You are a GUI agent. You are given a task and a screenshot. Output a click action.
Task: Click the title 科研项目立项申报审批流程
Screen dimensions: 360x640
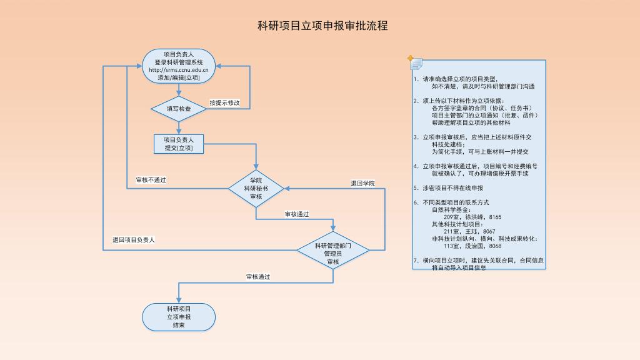pos(322,26)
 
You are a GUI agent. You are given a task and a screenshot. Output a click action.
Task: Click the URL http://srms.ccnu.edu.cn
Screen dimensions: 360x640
pos(179,70)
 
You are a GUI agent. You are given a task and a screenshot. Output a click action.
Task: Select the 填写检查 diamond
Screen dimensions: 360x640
pos(179,109)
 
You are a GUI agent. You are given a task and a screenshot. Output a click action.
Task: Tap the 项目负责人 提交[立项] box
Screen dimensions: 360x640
pos(179,144)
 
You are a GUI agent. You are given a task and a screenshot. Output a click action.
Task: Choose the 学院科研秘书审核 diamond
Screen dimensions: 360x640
pos(256,188)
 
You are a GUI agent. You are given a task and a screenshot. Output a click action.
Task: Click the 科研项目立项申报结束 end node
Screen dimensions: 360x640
pos(179,317)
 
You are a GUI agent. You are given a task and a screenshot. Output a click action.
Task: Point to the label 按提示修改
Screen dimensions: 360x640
pos(224,102)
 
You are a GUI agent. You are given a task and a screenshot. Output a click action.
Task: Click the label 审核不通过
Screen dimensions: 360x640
pos(151,180)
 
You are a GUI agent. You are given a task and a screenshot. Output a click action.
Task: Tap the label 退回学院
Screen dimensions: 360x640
pos(362,183)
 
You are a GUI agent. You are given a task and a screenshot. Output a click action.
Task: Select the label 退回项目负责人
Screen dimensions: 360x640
pos(134,239)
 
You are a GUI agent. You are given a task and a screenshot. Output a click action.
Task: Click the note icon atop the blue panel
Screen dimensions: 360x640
pos(415,62)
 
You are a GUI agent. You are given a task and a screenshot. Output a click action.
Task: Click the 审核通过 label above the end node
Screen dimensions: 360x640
pos(258,276)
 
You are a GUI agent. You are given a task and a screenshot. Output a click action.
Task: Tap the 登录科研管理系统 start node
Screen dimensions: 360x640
pos(179,62)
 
